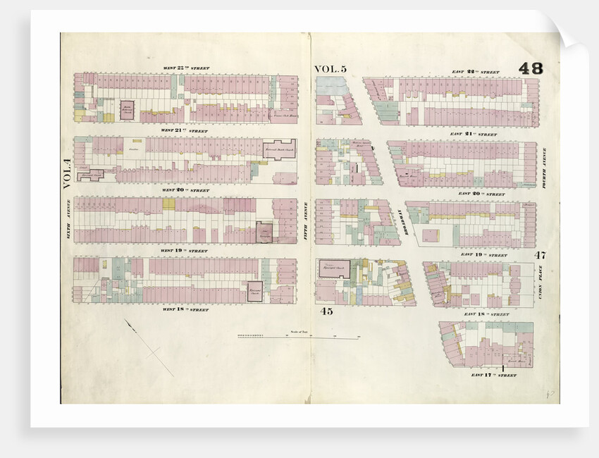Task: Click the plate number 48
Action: [x=531, y=68]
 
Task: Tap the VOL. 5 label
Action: [x=331, y=69]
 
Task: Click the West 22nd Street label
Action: [x=186, y=68]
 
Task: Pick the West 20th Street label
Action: [x=186, y=190]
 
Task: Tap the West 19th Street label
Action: [x=186, y=250]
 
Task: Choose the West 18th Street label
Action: [x=186, y=309]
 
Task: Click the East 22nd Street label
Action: [x=475, y=72]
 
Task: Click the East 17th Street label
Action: [x=494, y=376]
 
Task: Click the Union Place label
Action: [x=541, y=282]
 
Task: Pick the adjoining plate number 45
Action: [x=326, y=311]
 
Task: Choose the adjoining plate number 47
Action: [x=540, y=254]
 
